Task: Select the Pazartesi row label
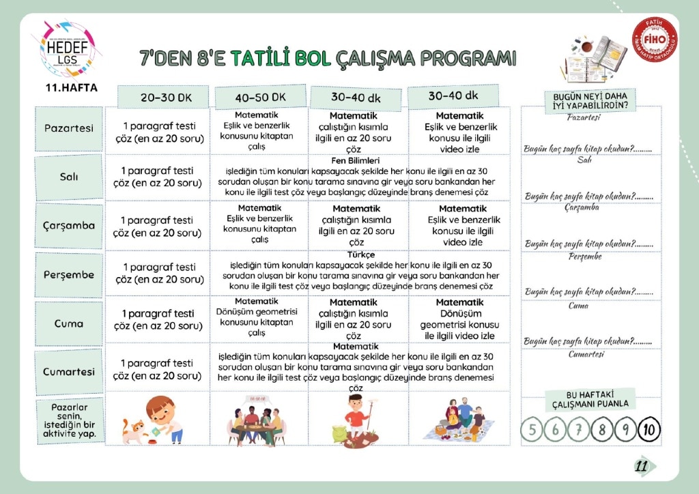point(69,128)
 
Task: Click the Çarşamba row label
point(69,225)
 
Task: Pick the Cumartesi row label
point(69,372)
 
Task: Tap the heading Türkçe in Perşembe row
point(361,255)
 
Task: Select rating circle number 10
point(648,429)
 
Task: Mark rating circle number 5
point(532,429)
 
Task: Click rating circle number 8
point(602,429)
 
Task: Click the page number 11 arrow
point(644,467)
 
